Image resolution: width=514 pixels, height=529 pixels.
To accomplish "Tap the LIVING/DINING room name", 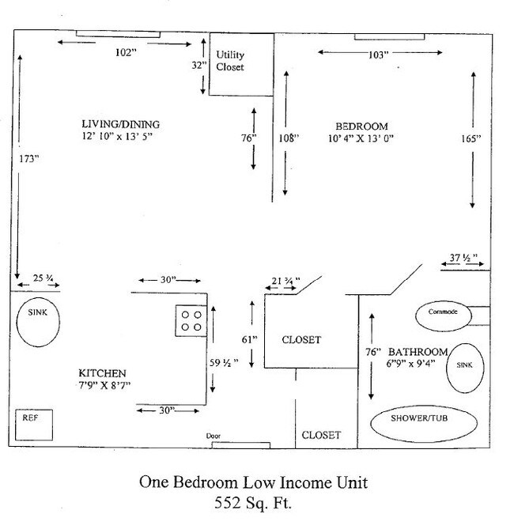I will tap(120, 124).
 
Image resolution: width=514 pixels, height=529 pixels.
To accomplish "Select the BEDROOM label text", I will tap(361, 127).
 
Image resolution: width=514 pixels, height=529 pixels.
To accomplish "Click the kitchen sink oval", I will tap(37, 321).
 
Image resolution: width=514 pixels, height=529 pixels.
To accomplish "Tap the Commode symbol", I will tap(443, 312).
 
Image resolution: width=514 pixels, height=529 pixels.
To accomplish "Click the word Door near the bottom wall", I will tap(213, 436).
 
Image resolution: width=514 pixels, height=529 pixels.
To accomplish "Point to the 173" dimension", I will tap(29, 159).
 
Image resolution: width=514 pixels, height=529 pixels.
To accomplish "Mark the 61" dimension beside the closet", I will tap(250, 338).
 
